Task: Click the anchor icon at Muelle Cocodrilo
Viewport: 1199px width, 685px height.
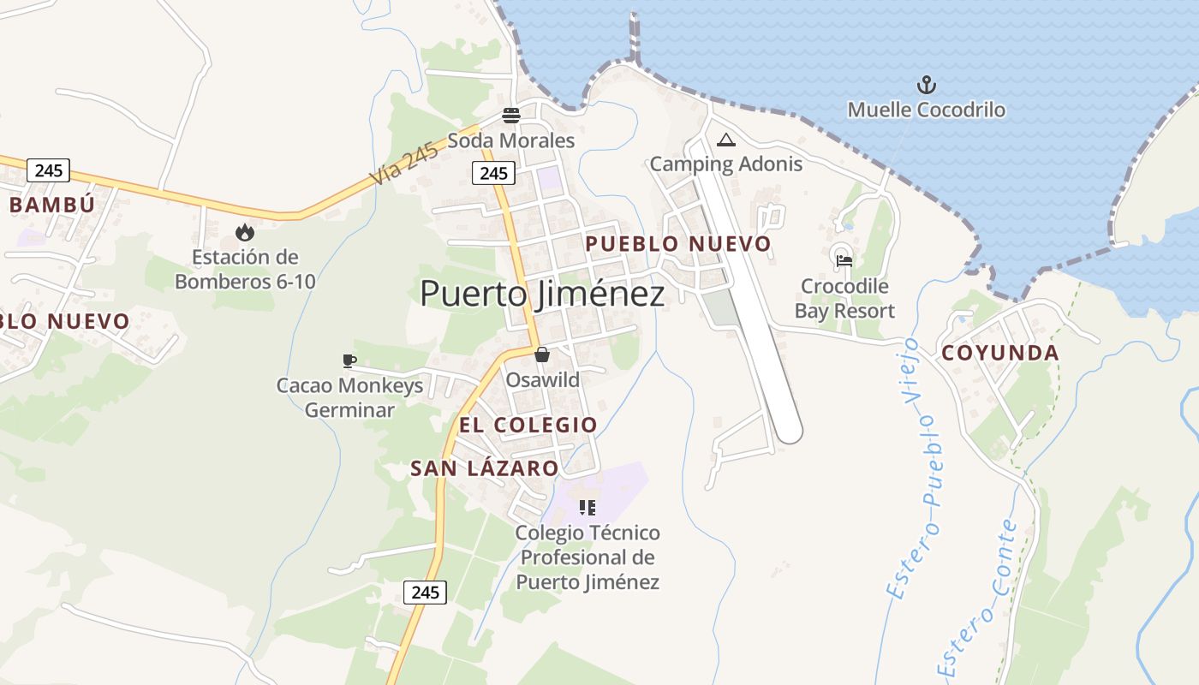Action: click(927, 85)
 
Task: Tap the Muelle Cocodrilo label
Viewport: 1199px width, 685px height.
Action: click(927, 110)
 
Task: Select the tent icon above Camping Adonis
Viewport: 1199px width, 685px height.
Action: click(726, 140)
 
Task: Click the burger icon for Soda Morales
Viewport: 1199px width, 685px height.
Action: click(511, 116)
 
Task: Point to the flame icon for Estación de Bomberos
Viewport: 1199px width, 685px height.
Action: click(245, 232)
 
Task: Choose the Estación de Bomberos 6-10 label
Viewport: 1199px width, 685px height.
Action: click(245, 269)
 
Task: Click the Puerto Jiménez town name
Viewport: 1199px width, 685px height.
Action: click(542, 294)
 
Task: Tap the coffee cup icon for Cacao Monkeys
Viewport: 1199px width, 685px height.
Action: click(349, 360)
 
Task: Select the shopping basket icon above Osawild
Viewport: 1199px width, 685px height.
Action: click(542, 354)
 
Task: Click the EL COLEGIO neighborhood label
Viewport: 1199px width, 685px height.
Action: click(528, 425)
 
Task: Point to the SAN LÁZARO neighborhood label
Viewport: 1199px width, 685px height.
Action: click(485, 468)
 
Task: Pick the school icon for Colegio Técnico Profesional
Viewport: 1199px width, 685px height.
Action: click(588, 508)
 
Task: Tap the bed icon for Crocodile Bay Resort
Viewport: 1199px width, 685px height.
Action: click(844, 261)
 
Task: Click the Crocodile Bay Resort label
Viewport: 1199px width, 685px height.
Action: click(844, 298)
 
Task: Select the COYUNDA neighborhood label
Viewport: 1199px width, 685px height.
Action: click(1000, 353)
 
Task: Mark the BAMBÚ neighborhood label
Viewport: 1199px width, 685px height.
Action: click(51, 205)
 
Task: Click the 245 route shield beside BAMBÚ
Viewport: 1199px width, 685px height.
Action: click(48, 170)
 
